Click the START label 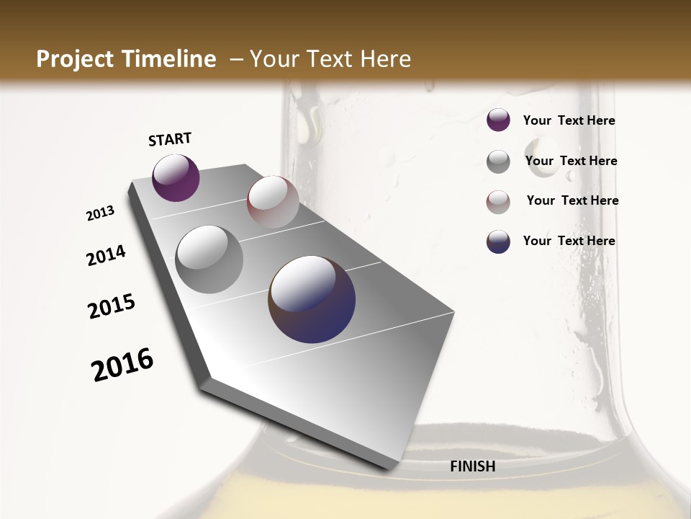pyautogui.click(x=170, y=139)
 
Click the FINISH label pyautogui.click(x=473, y=466)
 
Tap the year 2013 pyautogui.click(x=101, y=213)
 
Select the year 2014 pyautogui.click(x=107, y=255)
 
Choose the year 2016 pyautogui.click(x=122, y=365)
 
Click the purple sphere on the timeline pyautogui.click(x=176, y=178)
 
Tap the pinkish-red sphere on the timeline pyautogui.click(x=273, y=202)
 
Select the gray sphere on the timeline pyautogui.click(x=209, y=259)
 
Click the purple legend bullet pyautogui.click(x=498, y=120)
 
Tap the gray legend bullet pyautogui.click(x=498, y=161)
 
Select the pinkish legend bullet pyautogui.click(x=498, y=202)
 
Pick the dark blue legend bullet pyautogui.click(x=498, y=242)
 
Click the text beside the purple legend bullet pyautogui.click(x=569, y=121)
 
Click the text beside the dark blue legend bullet pyautogui.click(x=569, y=241)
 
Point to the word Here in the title pyautogui.click(x=385, y=59)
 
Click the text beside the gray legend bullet pyautogui.click(x=571, y=161)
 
